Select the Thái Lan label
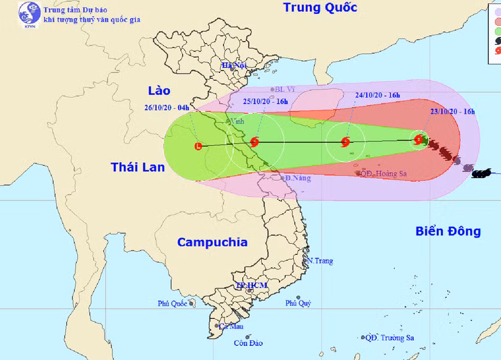point(138,166)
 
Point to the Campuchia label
point(212,242)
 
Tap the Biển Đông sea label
point(448,231)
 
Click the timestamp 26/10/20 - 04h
point(168,106)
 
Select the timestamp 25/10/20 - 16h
point(265,101)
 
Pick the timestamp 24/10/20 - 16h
point(377,95)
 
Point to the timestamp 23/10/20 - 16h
point(452,111)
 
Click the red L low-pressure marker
point(198,147)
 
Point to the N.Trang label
point(320,261)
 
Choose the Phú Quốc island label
point(172,304)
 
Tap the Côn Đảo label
point(248,343)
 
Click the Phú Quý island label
point(298,304)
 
